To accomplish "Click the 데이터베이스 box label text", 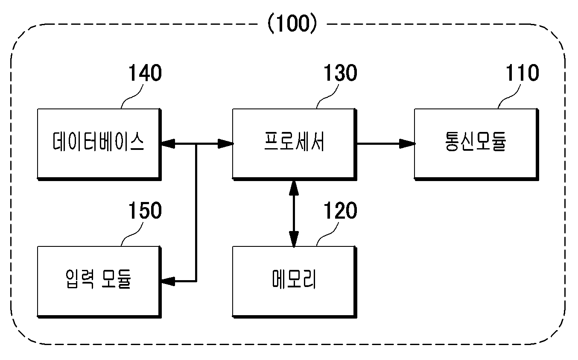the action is [x=98, y=141].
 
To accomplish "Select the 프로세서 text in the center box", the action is [x=294, y=141].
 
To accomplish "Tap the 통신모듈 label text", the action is [x=476, y=141].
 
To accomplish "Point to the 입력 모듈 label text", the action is [x=98, y=279].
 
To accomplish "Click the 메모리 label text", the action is [x=294, y=279].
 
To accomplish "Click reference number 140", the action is [x=145, y=73].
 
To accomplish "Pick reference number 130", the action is [x=340, y=73].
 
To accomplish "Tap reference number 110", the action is [x=522, y=73].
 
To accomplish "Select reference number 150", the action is [x=145, y=211].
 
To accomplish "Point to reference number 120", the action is [x=340, y=211].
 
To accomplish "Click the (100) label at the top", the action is [x=292, y=23].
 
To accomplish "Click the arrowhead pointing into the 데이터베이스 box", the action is [x=168, y=144].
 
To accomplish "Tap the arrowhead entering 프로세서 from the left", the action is [x=226, y=144].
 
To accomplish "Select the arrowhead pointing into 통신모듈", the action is [x=407, y=144].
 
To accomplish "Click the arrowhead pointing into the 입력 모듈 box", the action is [x=168, y=281].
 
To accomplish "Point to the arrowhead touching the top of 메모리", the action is [x=294, y=239].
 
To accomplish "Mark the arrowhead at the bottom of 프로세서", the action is [x=294, y=188].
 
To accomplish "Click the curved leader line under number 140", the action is [x=131, y=97].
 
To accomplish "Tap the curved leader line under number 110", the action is [x=509, y=97].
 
